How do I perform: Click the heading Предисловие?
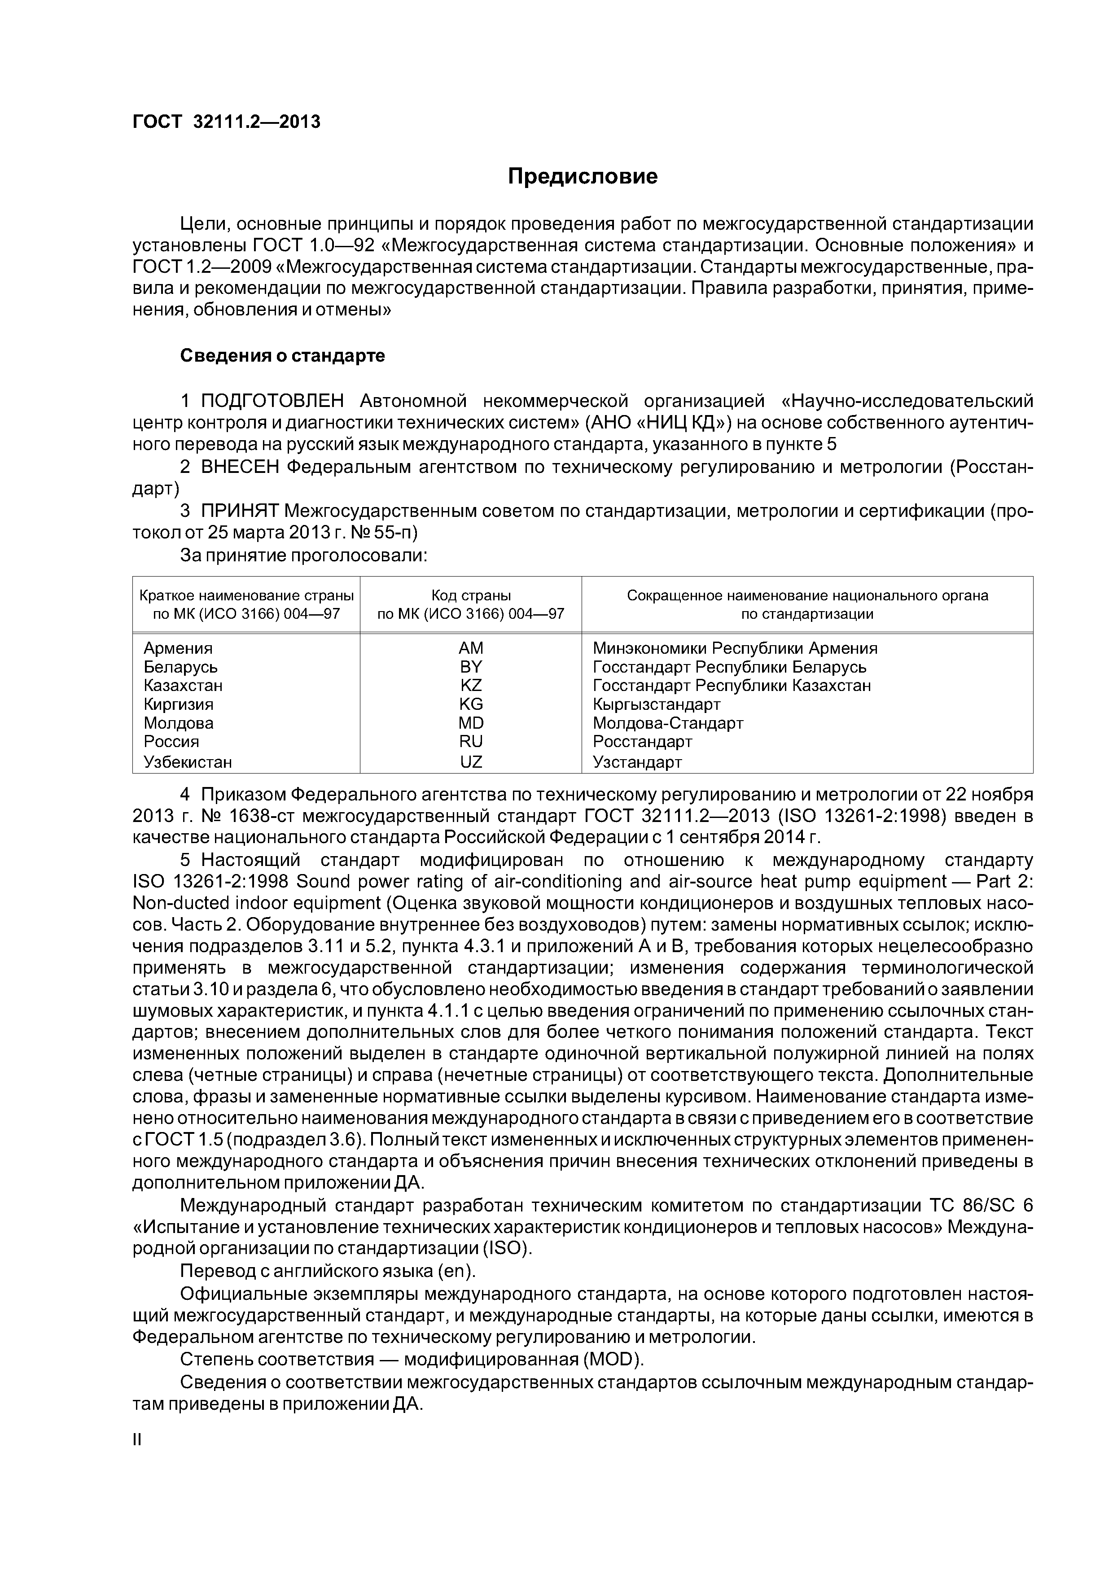[x=582, y=177]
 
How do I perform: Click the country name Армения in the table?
[x=178, y=648]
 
